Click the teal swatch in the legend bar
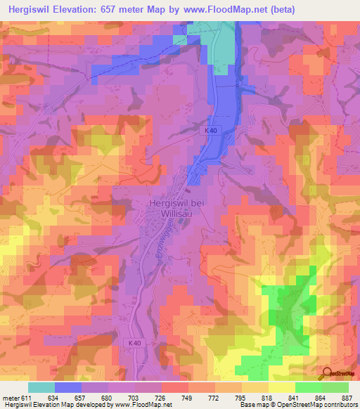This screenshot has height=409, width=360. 41,387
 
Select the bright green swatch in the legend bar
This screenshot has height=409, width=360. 308,387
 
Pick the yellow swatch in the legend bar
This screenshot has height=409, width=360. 281,387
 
